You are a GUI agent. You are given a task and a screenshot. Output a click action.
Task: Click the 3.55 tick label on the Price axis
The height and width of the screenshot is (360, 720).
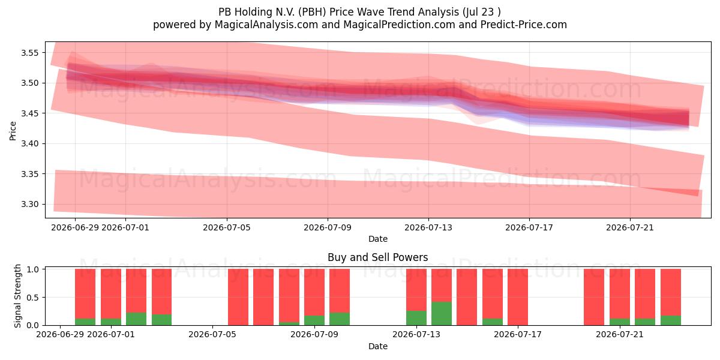[x=29, y=53]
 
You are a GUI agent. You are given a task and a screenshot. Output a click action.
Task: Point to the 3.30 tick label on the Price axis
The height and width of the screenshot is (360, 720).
[x=29, y=205]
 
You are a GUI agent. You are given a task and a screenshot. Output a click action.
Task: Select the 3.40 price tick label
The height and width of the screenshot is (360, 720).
[x=29, y=143]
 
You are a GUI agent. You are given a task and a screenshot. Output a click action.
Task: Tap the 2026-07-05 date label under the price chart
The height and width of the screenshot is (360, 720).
[x=227, y=227]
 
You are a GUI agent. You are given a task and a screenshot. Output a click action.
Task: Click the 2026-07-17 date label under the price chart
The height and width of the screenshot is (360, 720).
[x=529, y=227]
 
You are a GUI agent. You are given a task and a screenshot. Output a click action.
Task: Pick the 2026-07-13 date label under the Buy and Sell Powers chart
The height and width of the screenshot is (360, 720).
[x=416, y=334]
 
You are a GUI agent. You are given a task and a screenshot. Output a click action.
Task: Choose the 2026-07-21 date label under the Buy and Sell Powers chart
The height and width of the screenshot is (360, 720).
[x=619, y=334]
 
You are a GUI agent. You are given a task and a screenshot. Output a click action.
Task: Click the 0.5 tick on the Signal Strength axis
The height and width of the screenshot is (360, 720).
[x=33, y=298]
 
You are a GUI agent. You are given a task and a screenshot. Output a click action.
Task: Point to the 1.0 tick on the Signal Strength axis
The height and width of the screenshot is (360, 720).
[x=33, y=269]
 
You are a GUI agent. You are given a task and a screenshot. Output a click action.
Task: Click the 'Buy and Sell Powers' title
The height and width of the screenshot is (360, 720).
[x=377, y=257]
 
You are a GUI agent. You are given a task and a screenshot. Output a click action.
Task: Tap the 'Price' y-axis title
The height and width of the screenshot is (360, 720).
[x=13, y=131]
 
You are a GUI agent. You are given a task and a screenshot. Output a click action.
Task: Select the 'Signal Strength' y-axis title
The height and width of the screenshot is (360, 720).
[x=17, y=296]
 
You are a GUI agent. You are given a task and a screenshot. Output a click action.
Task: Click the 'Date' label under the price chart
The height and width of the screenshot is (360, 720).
[x=377, y=239]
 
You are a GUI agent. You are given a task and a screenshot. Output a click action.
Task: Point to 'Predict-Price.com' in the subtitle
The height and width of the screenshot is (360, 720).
[x=524, y=25]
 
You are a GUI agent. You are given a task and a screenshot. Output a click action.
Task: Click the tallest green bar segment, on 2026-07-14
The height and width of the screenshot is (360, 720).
[x=442, y=313]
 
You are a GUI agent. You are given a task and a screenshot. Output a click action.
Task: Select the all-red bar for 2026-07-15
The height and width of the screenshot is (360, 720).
[x=467, y=297]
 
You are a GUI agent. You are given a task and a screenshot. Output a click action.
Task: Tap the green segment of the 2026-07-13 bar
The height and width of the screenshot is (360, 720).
[x=416, y=318]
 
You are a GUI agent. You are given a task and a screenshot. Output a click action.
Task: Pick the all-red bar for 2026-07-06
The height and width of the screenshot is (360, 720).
[x=238, y=297]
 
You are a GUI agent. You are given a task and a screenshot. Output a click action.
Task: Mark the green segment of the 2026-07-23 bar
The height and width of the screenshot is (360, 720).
[x=671, y=320]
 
